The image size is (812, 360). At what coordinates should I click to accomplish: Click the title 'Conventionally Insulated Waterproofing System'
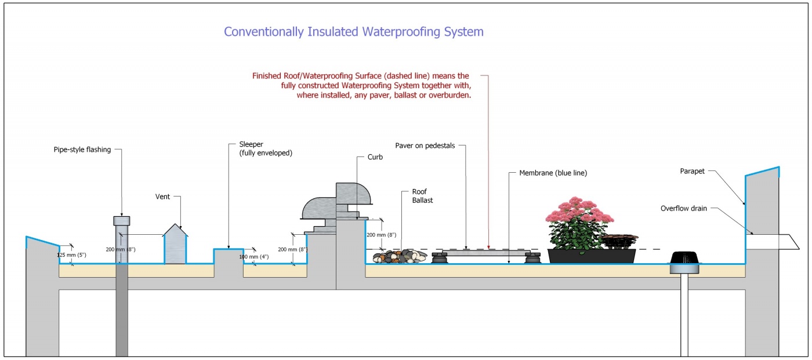click(x=353, y=32)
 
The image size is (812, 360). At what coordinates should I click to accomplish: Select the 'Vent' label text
click(x=162, y=197)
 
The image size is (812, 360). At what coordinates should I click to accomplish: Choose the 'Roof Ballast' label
click(x=423, y=195)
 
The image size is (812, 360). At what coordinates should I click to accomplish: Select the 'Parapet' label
click(x=693, y=172)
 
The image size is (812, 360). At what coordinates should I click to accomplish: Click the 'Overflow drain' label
click(x=684, y=209)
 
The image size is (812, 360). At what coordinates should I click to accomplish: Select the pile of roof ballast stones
click(x=400, y=256)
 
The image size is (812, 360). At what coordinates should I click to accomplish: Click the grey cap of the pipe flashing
click(x=121, y=220)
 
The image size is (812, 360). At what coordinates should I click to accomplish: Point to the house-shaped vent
click(x=175, y=244)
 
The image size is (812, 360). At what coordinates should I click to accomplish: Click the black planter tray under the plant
click(x=592, y=256)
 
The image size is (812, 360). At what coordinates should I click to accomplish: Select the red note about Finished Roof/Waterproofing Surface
click(x=361, y=86)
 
